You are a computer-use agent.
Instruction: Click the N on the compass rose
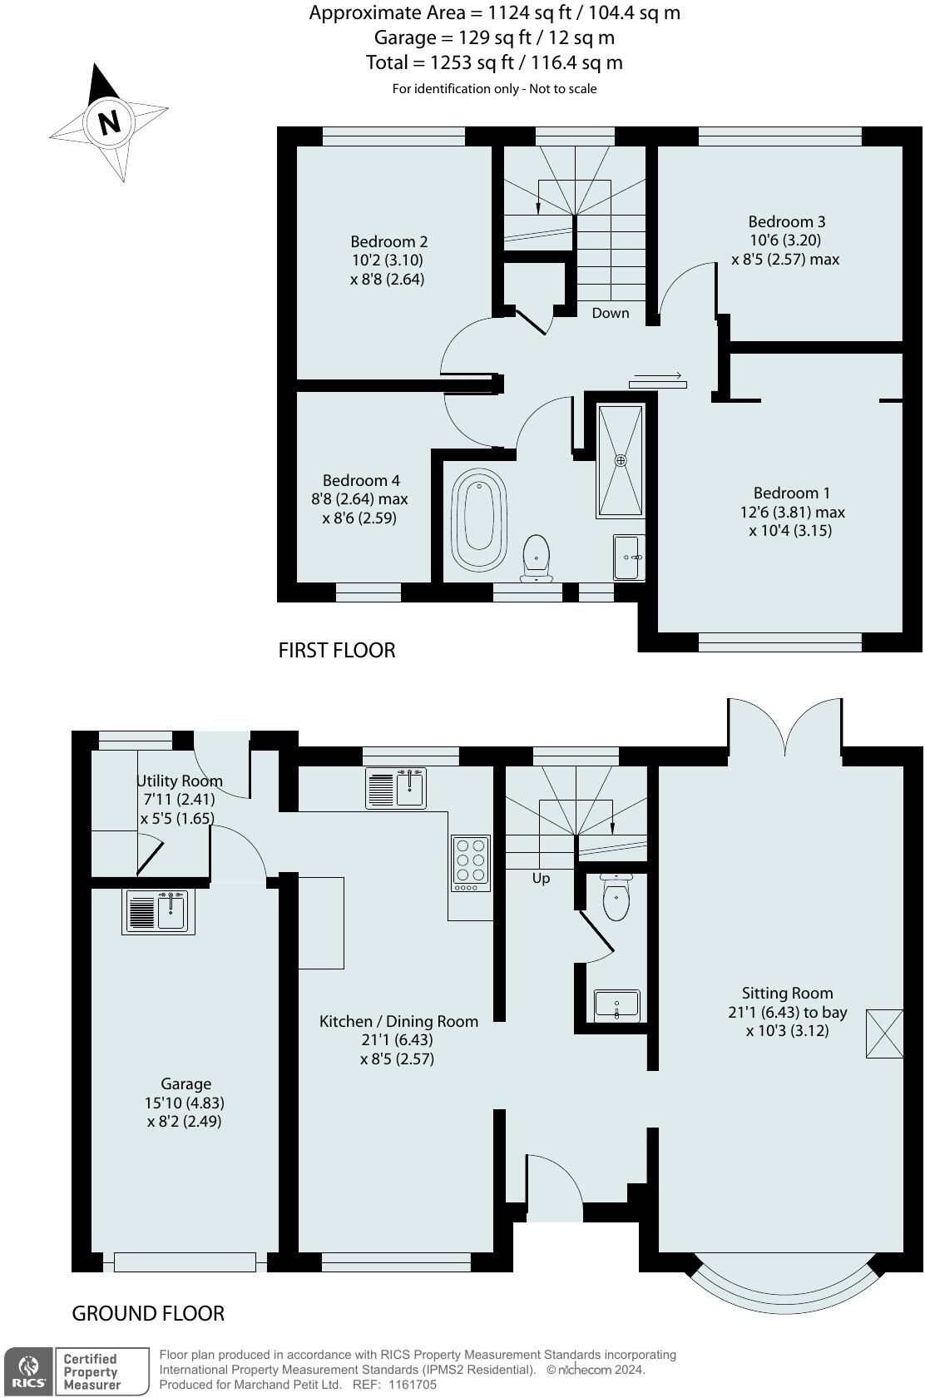[x=110, y=121]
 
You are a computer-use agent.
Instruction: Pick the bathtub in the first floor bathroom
[x=478, y=519]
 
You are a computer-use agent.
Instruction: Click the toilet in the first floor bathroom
[x=537, y=558]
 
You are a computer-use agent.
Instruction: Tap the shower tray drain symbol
[x=621, y=461]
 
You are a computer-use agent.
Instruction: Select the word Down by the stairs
[x=610, y=313]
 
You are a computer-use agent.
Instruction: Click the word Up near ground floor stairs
[x=541, y=878]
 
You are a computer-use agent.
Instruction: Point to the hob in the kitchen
[x=471, y=864]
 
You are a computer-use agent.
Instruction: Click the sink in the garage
[x=158, y=912]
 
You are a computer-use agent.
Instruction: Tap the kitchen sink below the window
[x=396, y=789]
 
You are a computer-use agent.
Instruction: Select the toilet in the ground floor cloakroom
[x=616, y=897]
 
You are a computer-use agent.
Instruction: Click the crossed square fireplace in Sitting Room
[x=884, y=1034]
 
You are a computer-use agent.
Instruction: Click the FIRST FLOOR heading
[x=337, y=651]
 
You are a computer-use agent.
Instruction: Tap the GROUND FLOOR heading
[x=148, y=1314]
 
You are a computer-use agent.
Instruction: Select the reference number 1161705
[x=413, y=1385]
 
